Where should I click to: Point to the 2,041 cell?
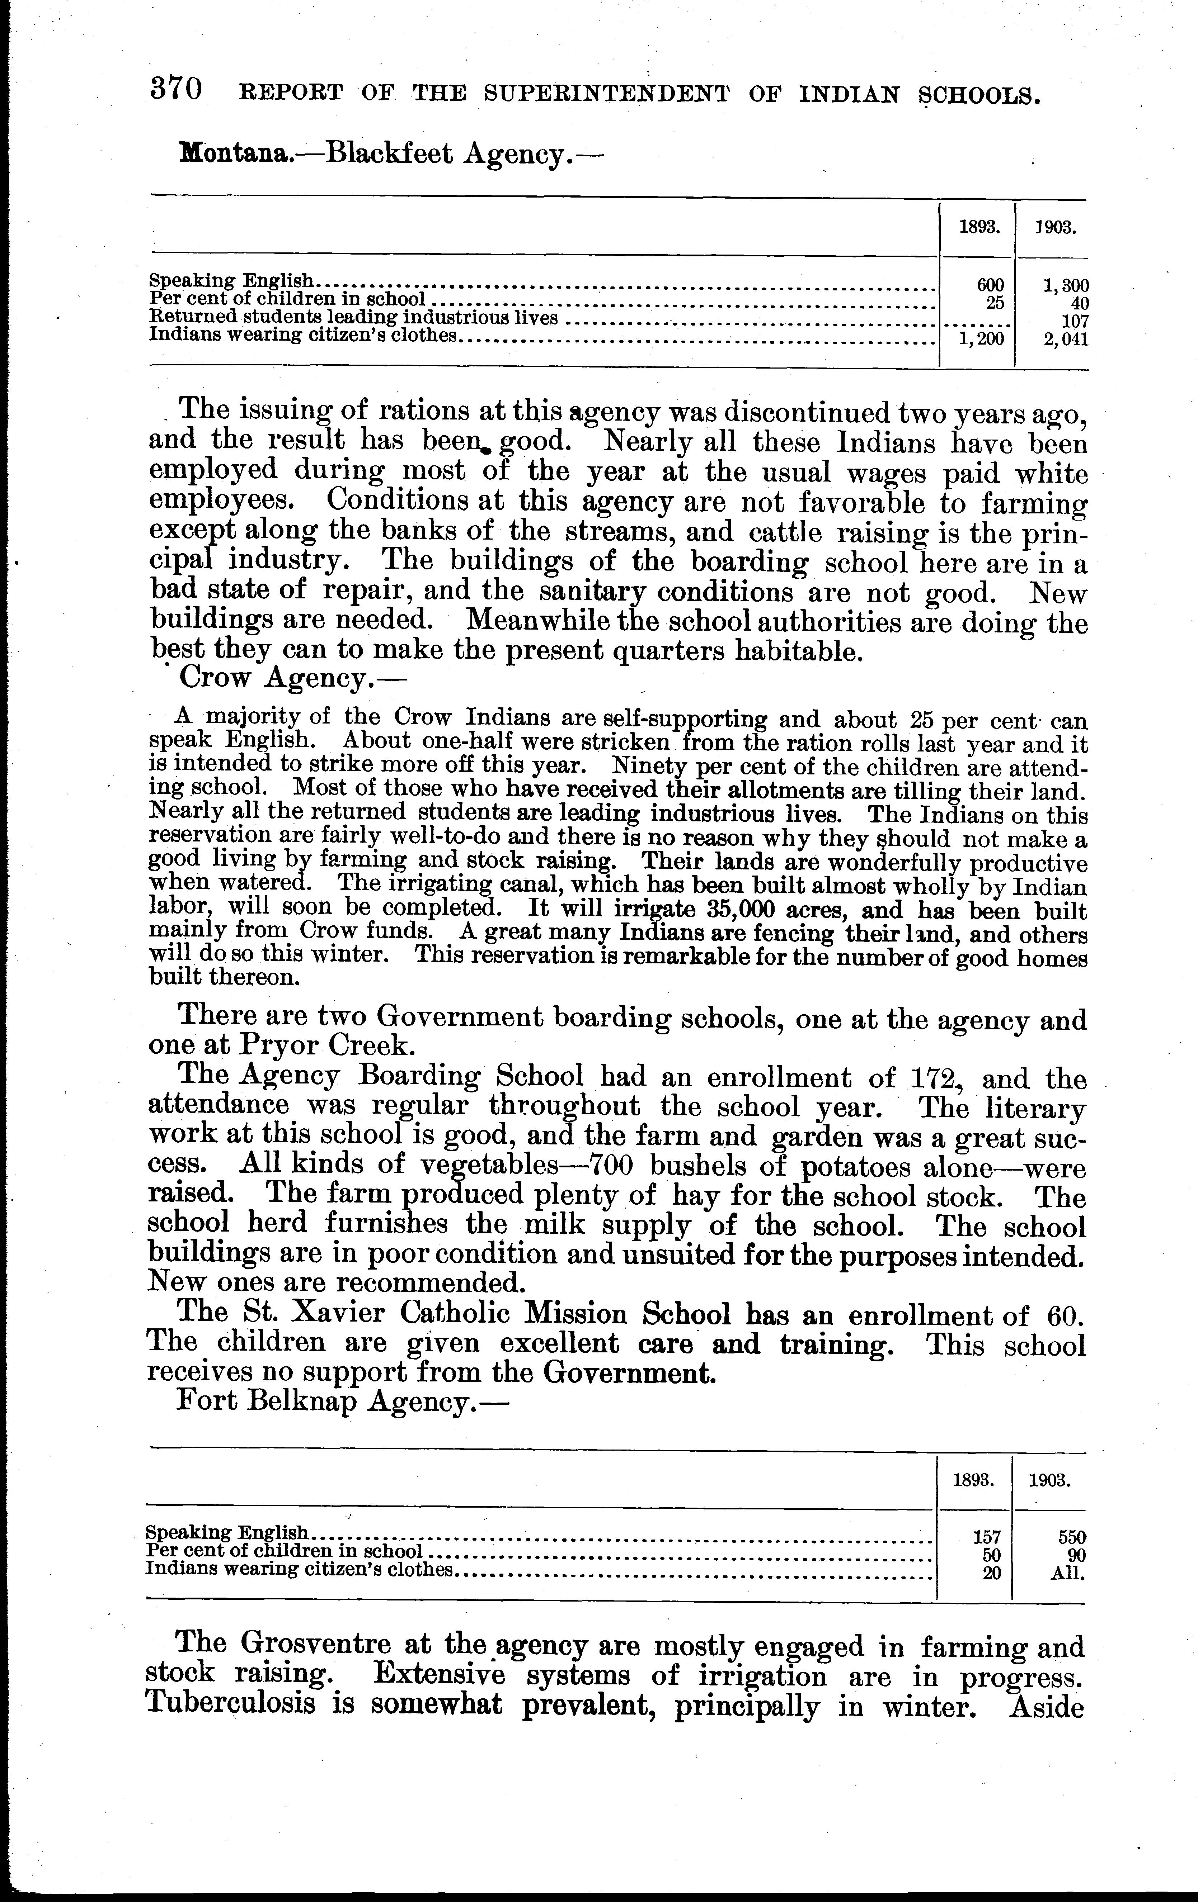click(x=1065, y=340)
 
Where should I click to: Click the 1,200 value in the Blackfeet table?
click(x=981, y=340)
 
